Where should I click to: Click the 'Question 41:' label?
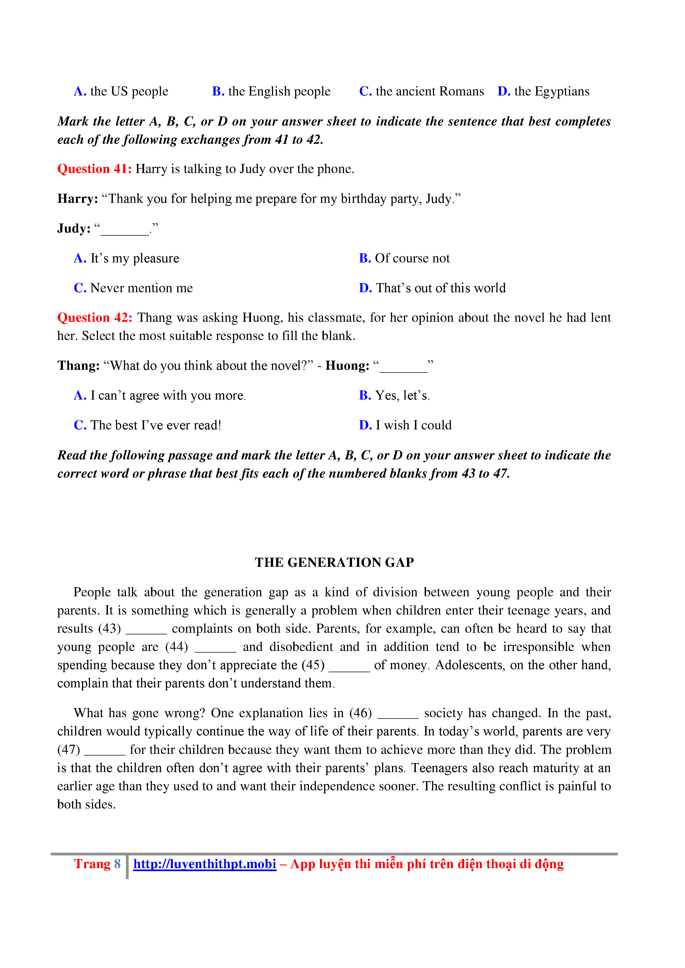tap(94, 169)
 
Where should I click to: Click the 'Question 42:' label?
tap(94, 317)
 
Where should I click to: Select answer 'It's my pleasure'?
tap(134, 258)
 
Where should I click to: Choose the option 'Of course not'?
tap(412, 258)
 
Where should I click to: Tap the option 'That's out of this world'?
tap(440, 288)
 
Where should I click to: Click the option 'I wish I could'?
tap(413, 425)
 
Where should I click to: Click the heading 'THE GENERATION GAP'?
tap(334, 562)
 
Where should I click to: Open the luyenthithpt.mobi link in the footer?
tap(205, 864)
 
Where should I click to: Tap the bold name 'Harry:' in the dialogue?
tap(78, 199)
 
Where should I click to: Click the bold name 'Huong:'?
tap(347, 366)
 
